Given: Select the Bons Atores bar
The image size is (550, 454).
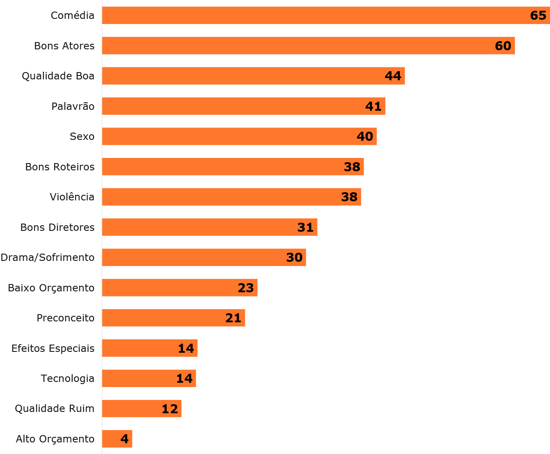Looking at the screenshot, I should pyautogui.click(x=300, y=46).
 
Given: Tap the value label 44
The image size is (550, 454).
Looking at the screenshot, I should pyautogui.click(x=393, y=76).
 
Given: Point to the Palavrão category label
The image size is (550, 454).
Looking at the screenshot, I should pyautogui.click(x=73, y=106).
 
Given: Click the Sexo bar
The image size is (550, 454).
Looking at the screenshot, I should pyautogui.click(x=232, y=136).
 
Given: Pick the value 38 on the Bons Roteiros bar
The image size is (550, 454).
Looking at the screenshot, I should pyautogui.click(x=352, y=167).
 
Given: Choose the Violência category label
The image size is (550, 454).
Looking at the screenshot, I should pyautogui.click(x=72, y=197).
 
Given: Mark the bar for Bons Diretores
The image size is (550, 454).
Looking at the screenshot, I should pyautogui.click(x=202, y=227).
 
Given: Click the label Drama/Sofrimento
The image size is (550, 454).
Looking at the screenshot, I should pyautogui.click(x=48, y=257).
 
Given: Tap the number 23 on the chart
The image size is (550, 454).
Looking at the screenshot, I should pyautogui.click(x=246, y=288).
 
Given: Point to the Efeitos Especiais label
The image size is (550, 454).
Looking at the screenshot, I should pyautogui.click(x=53, y=348).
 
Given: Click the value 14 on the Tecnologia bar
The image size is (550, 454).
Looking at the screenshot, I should pyautogui.click(x=184, y=378).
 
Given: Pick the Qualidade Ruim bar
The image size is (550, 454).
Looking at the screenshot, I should pyautogui.click(x=133, y=409).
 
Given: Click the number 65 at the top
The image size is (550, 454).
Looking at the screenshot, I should pyautogui.click(x=538, y=15).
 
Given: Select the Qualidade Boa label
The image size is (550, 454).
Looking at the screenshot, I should pyautogui.click(x=58, y=76).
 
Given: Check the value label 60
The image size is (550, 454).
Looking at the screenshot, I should pyautogui.click(x=503, y=46).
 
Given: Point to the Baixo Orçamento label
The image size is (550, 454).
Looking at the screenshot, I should pyautogui.click(x=51, y=288).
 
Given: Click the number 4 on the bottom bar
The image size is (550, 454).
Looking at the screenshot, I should pyautogui.click(x=124, y=439).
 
